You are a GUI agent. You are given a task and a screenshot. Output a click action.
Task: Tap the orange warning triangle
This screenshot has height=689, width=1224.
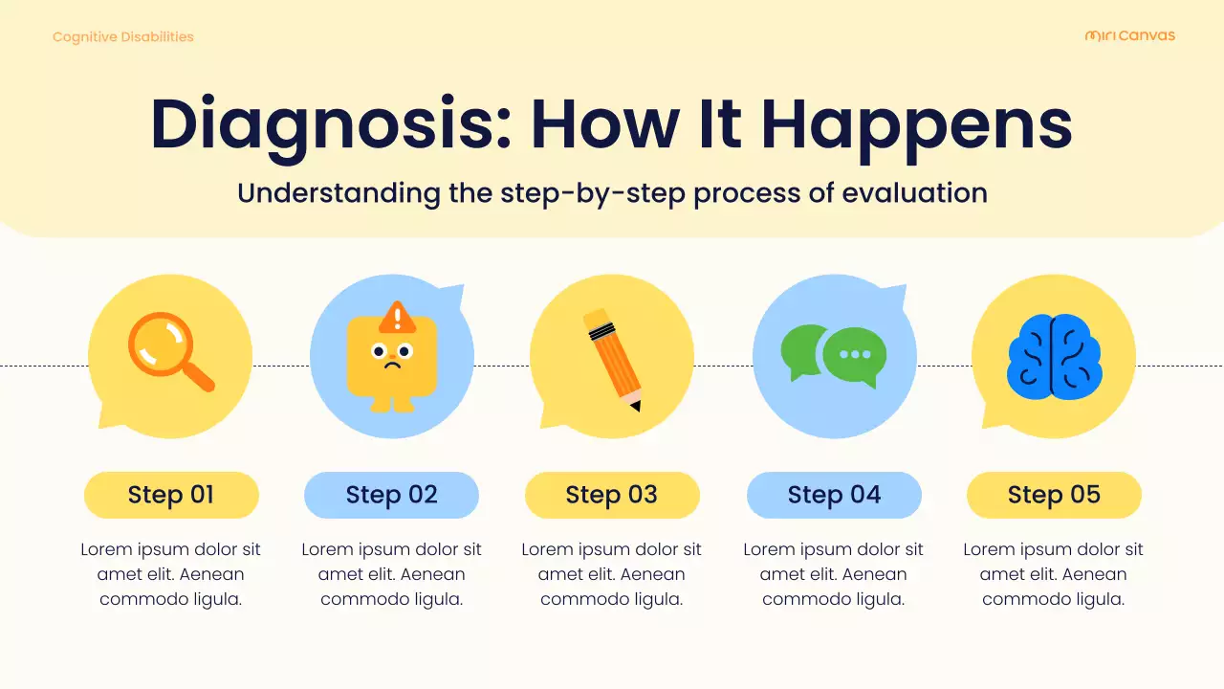[397, 318]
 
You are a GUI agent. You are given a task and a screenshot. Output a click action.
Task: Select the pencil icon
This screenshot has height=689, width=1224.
[613, 358]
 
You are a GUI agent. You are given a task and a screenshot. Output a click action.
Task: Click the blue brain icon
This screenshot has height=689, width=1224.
[1054, 358]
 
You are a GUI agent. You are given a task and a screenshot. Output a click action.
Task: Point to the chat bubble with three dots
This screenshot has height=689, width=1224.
[855, 355]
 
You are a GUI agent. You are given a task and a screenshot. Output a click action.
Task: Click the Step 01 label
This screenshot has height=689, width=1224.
[171, 495]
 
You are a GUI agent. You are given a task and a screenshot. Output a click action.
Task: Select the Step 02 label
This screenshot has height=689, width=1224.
[391, 495]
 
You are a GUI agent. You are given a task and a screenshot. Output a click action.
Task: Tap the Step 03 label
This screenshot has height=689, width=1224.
[612, 495]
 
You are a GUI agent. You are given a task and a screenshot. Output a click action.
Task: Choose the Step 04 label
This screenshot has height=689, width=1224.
[834, 495]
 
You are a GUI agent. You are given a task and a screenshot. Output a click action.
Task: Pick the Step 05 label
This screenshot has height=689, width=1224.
[1054, 495]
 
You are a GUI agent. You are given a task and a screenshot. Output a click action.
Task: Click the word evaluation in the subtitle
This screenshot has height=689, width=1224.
[914, 192]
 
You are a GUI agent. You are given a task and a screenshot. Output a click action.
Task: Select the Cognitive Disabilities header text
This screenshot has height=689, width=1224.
[122, 36]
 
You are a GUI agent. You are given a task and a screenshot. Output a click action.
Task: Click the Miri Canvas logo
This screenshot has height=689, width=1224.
[1129, 35]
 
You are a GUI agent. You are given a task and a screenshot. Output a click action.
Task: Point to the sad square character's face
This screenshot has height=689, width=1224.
[392, 356]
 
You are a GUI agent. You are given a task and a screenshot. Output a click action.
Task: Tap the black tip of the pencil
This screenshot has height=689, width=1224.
[635, 407]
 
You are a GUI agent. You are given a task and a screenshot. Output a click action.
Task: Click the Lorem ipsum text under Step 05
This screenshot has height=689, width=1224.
[1053, 574]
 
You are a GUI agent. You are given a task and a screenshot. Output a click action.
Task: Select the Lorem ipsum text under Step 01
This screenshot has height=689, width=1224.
[170, 574]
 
